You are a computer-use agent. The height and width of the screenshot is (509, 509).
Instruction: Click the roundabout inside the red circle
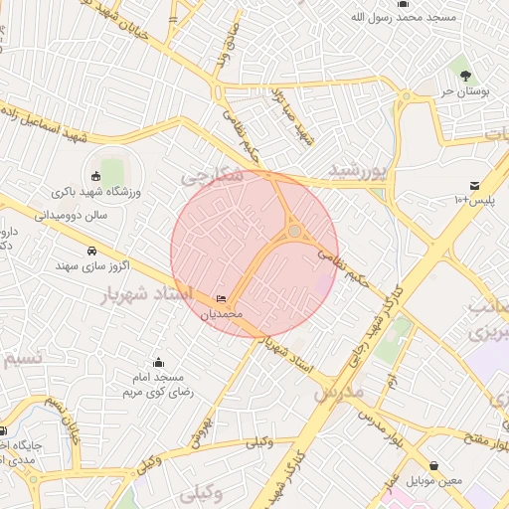(x=295, y=232)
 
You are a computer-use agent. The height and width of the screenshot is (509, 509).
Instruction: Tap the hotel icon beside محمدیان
(x=221, y=299)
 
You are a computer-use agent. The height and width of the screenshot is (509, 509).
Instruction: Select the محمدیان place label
(x=222, y=314)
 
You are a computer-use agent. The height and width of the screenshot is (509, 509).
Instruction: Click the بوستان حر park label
(x=461, y=91)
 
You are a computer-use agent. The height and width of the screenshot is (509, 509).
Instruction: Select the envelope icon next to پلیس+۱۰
(x=474, y=185)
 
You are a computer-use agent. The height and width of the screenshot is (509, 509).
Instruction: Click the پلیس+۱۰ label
(x=474, y=201)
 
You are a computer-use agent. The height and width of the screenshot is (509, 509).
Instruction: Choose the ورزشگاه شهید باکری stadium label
(x=108, y=191)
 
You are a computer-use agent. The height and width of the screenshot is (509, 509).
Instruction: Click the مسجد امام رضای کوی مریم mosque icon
(x=157, y=363)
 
